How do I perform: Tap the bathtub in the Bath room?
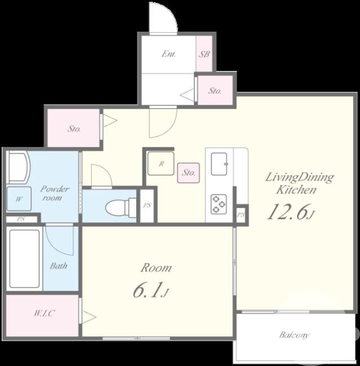(24, 258)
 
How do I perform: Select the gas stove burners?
(219, 204)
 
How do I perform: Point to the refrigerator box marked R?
(161, 163)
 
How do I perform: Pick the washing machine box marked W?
(19, 199)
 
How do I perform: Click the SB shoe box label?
(204, 54)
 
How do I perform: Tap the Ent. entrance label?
(168, 54)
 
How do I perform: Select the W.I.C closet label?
(44, 313)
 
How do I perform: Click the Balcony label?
(294, 335)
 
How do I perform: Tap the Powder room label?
(55, 193)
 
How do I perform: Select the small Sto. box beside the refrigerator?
(188, 173)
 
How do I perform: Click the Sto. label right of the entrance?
(215, 91)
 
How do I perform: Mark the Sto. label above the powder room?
(74, 128)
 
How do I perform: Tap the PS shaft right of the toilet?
(147, 206)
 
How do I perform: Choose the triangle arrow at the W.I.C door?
(89, 317)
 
